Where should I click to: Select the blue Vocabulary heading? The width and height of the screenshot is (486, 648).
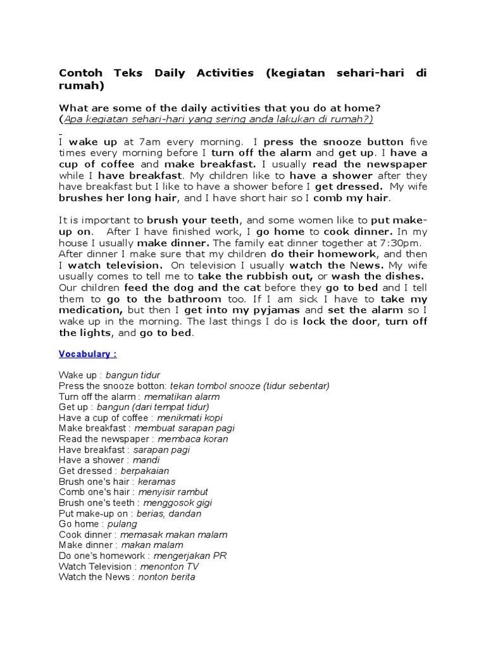88,354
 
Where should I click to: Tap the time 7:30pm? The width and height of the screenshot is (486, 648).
401,243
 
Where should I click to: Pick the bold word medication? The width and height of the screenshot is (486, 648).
90,310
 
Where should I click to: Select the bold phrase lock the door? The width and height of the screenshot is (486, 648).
341,321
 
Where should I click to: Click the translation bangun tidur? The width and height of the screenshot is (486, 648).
133,375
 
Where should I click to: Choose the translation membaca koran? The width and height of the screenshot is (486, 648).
192,439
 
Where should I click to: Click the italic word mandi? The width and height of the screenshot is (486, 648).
146,460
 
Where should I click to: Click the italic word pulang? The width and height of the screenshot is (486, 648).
122,524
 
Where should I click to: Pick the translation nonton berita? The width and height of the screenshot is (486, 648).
166,577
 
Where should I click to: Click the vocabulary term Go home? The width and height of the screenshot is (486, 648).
78,524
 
